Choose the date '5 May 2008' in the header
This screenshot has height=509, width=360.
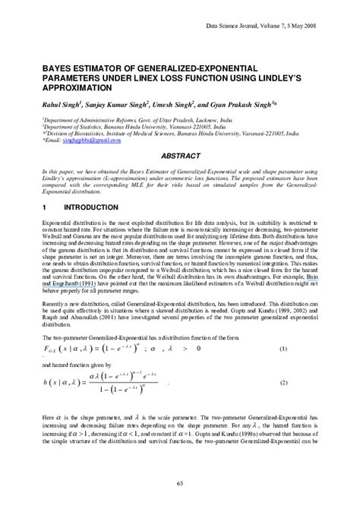point(320,25)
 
